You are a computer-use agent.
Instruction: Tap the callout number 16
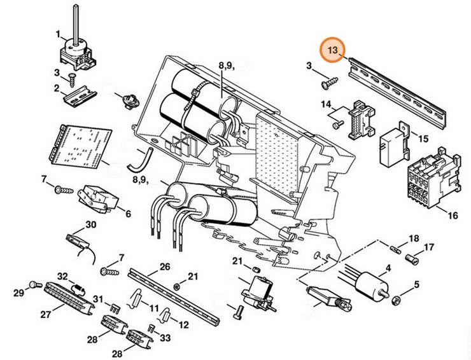(453, 216)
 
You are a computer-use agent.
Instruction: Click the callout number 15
(423, 137)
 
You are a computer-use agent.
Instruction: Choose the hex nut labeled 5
(396, 299)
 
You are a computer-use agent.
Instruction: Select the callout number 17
(428, 247)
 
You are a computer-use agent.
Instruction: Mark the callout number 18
(414, 238)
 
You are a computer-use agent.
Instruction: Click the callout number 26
(165, 267)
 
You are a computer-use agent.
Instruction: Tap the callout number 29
(19, 293)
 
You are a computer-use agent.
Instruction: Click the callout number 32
(62, 276)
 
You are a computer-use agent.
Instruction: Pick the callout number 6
(128, 214)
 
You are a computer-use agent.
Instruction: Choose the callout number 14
(325, 104)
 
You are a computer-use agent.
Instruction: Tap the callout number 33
(166, 338)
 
